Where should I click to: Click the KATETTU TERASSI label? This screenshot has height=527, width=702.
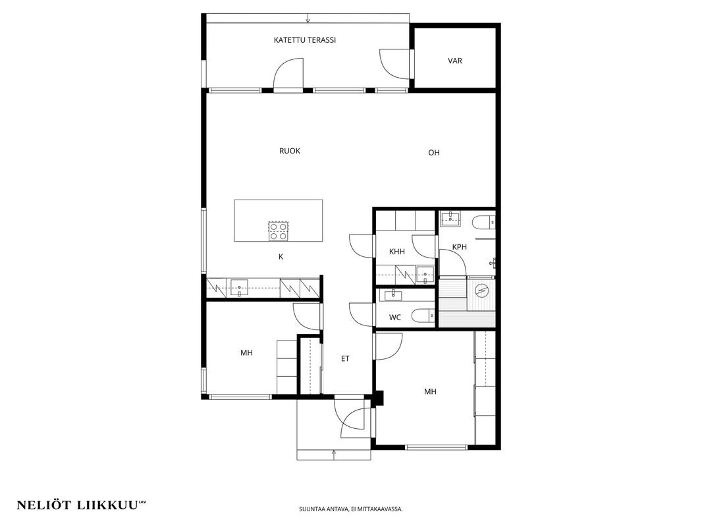[305, 40]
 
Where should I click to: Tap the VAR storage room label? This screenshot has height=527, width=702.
[455, 61]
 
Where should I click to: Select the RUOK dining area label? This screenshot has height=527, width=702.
[290, 151]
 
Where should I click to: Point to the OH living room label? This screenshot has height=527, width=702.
[434, 153]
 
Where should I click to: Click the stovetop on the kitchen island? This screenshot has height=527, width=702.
[278, 231]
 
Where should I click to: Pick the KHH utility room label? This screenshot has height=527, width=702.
[397, 252]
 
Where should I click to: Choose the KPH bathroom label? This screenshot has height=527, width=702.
[460, 247]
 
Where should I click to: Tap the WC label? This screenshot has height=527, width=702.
[395, 318]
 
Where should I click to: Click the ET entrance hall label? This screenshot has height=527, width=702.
[345, 358]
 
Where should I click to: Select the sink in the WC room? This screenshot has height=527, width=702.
[391, 295]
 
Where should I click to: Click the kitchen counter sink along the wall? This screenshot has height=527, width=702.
[239, 287]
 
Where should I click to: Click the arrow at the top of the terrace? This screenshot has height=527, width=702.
[308, 18]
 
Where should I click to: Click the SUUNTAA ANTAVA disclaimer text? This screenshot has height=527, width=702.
[351, 509]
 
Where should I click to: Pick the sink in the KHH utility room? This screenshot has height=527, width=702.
[424, 275]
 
